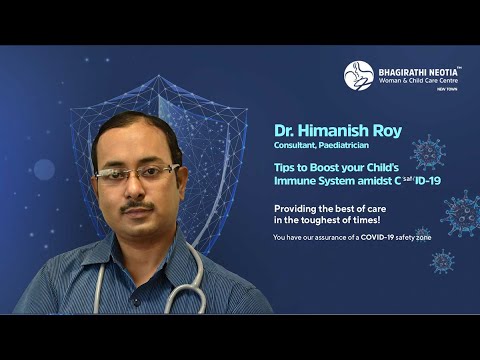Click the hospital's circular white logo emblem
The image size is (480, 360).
click(x=359, y=75)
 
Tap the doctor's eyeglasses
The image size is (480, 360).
click(x=137, y=173)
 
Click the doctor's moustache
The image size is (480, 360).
click(x=139, y=207)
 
